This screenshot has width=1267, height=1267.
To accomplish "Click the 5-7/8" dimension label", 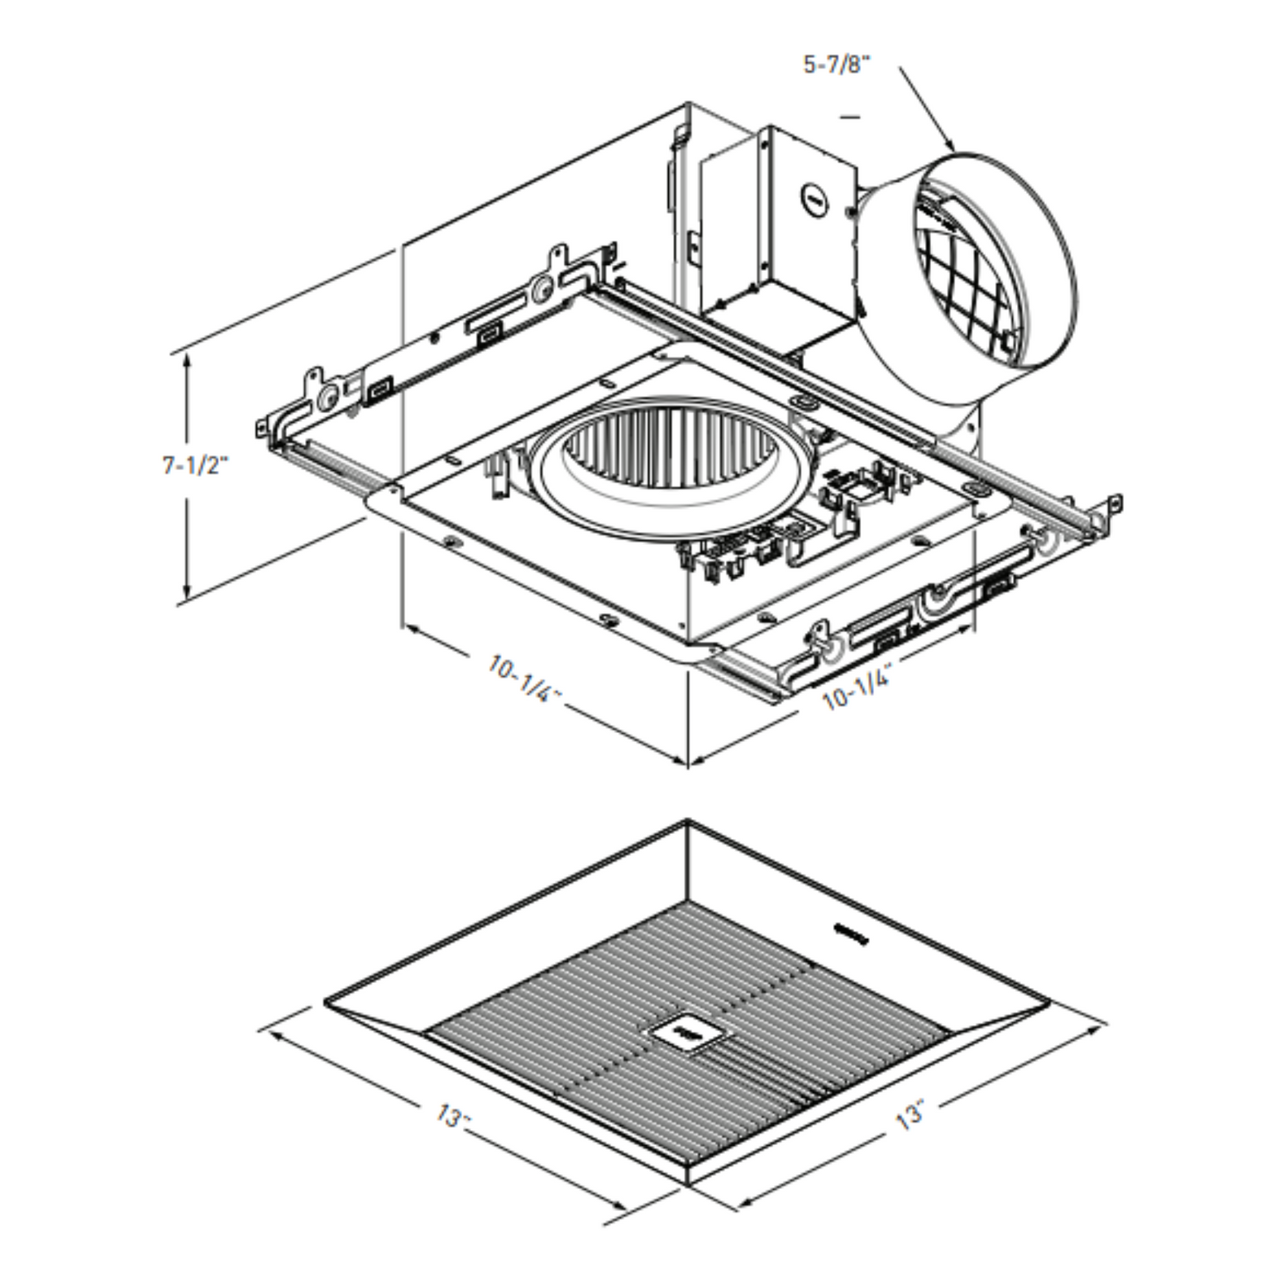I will [837, 65].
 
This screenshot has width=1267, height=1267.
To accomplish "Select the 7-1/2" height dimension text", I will [196, 466].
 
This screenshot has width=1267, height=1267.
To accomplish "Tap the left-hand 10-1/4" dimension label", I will [524, 679].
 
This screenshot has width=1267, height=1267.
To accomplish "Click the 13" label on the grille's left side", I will [453, 1116].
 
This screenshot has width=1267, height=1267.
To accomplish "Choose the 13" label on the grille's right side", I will [911, 1114].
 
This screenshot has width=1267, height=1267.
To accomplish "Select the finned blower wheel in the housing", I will [671, 456].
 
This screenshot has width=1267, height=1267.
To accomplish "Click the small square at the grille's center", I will [685, 1035].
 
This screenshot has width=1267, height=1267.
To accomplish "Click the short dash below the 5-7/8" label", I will [850, 115].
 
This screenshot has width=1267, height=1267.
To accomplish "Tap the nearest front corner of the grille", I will [687, 1184].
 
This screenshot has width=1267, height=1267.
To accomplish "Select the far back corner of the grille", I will [687, 822].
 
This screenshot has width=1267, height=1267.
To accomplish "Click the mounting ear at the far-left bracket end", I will [263, 427].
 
